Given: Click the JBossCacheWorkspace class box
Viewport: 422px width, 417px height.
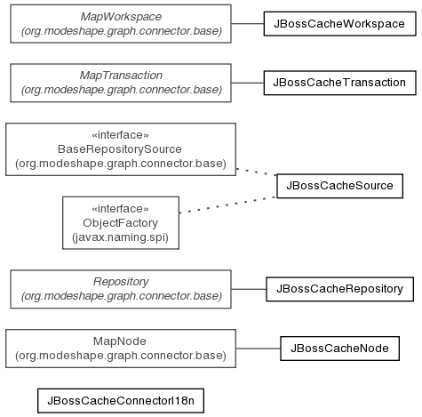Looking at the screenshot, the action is coord(339,24).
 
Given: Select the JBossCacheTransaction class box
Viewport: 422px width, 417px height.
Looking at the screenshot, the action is coord(339,83).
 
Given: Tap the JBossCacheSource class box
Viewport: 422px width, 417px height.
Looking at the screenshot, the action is coord(339,186).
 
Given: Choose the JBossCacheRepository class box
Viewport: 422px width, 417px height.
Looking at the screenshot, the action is coord(339,289).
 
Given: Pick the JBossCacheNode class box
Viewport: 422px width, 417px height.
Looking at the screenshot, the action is coord(339,349).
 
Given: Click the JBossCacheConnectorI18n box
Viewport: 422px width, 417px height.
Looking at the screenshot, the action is coord(121,401).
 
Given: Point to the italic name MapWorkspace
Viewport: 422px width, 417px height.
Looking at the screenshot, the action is coord(121,17).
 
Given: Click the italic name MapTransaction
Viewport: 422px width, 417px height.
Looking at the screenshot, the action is coord(121,76).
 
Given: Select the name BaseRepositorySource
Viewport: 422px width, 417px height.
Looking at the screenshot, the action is coord(120,149).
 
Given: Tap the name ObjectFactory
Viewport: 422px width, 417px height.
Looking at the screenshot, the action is coord(121,223).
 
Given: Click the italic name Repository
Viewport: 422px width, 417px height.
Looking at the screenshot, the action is coord(121,282).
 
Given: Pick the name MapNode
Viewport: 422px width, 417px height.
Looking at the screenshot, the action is coord(120,341).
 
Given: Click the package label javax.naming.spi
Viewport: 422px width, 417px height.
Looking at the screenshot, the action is coord(120,237).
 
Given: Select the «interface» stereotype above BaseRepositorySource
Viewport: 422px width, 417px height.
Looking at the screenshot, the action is coord(120,135).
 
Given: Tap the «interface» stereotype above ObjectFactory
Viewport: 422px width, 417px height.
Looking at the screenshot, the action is coord(120,209).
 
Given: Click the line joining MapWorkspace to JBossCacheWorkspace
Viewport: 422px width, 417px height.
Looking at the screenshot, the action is coord(248,24).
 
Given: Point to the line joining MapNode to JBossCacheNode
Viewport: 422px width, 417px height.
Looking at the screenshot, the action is coord(259,349).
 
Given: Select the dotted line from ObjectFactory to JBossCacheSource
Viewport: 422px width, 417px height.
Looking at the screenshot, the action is coord(228,204).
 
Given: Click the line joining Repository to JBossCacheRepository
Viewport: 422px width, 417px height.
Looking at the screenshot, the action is coord(249,289).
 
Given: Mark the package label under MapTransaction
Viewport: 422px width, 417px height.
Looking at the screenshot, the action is coord(122,90).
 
